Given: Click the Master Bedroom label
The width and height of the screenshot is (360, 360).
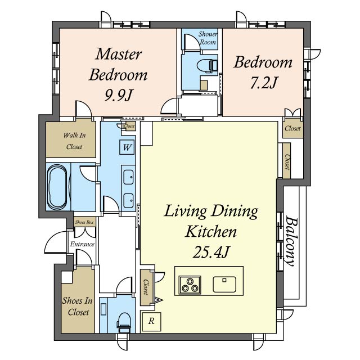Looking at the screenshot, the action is [118, 65].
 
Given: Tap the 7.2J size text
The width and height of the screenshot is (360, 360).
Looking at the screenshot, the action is [263, 83].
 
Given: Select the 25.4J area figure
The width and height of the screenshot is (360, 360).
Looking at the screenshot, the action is [211, 251].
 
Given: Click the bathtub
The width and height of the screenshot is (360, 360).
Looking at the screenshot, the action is [57, 187].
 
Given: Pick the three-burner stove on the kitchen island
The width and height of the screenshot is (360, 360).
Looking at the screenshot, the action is [190, 285].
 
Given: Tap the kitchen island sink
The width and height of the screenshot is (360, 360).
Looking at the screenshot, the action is [224, 284].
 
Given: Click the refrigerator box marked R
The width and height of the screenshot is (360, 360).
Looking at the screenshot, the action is [151, 321].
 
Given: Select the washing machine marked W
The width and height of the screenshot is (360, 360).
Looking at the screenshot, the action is [127, 147].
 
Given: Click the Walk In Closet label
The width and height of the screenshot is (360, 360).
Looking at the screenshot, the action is [74, 141].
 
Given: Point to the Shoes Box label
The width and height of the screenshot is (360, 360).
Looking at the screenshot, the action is [84, 222].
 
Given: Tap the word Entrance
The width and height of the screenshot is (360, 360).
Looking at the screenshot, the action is [82, 244].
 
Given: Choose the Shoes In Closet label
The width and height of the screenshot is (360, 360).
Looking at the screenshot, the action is [78, 306].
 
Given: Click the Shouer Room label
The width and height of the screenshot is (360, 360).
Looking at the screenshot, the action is [208, 38].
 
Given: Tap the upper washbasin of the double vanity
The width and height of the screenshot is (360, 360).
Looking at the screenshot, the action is [128, 177].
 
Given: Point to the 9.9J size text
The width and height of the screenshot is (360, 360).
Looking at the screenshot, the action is [118, 95].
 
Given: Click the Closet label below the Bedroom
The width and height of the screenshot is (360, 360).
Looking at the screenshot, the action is [292, 128].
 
